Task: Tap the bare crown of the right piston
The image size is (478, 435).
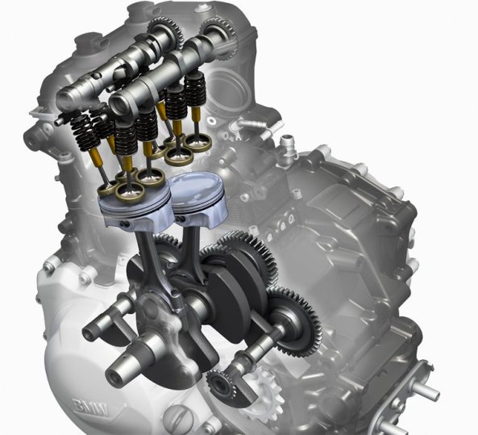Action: (x=195, y=189)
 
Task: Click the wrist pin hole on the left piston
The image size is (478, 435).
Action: (x=125, y=224)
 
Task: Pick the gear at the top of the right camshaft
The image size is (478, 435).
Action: (x=220, y=36)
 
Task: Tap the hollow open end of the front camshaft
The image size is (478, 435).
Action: (x=119, y=105)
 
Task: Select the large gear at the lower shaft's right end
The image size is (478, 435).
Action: (x=293, y=320)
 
